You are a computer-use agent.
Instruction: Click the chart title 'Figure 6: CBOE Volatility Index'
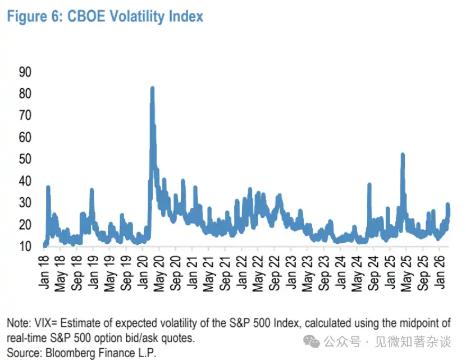click(104, 16)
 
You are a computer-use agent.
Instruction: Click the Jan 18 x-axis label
click(47, 273)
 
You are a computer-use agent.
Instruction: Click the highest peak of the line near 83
click(152, 88)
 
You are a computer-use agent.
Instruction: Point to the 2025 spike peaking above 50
click(403, 154)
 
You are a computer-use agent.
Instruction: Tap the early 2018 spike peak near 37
click(48, 187)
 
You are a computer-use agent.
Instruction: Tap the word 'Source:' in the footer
click(25, 353)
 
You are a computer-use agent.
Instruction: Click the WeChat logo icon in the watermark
click(310, 341)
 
